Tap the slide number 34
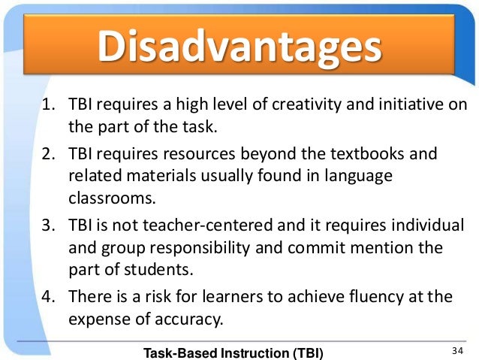tap(457, 350)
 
